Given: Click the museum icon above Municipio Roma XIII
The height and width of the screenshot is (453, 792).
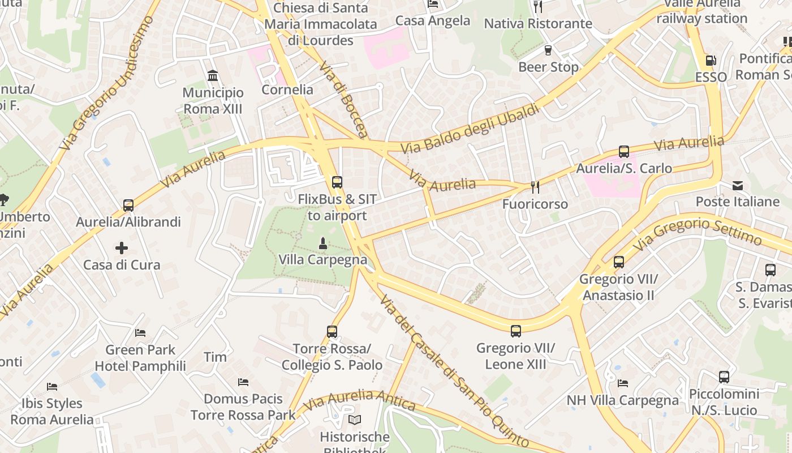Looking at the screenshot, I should pyautogui.click(x=213, y=75).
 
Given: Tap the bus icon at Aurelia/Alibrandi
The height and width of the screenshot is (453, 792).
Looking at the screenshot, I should pyautogui.click(x=128, y=205).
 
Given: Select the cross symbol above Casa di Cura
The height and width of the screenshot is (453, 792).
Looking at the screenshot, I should pyautogui.click(x=122, y=248).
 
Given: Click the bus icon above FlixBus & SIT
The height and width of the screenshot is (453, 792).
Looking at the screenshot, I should pyautogui.click(x=337, y=182).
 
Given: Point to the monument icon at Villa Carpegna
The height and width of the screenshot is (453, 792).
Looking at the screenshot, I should pyautogui.click(x=323, y=243).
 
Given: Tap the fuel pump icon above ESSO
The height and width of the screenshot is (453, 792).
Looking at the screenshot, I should pyautogui.click(x=711, y=61).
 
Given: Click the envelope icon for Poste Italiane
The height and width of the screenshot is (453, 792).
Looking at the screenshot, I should pyautogui.click(x=738, y=185).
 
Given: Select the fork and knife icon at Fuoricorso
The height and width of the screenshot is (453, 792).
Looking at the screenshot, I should pyautogui.click(x=535, y=187).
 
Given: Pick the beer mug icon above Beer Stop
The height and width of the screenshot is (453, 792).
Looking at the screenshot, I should pyautogui.click(x=548, y=50).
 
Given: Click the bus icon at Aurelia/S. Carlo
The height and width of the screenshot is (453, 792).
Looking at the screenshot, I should pyautogui.click(x=624, y=152).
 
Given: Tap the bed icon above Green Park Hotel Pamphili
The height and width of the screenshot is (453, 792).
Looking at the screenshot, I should pyautogui.click(x=140, y=333).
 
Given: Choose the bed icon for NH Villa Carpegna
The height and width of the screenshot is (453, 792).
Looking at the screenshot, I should pyautogui.click(x=623, y=383).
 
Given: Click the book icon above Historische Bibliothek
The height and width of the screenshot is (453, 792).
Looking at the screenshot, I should pyautogui.click(x=355, y=420).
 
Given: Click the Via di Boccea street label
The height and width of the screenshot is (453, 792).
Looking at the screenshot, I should pyautogui.click(x=343, y=100).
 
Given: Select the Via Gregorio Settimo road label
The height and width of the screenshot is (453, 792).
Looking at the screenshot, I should pyautogui.click(x=698, y=232).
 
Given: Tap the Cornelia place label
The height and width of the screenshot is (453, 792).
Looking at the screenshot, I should pyautogui.click(x=287, y=89).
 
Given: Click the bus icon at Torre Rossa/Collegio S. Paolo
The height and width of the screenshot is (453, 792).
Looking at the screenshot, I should pyautogui.click(x=332, y=331).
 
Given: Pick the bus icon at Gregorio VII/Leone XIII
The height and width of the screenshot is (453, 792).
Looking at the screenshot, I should pyautogui.click(x=516, y=331).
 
